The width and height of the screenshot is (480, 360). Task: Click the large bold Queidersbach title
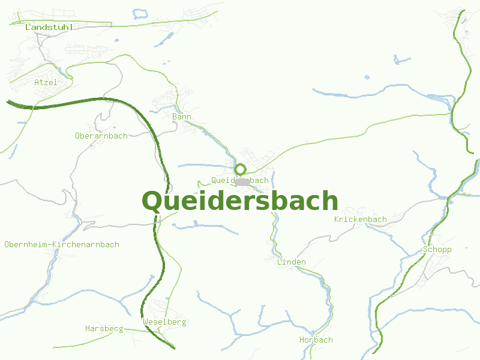click(x=240, y=202)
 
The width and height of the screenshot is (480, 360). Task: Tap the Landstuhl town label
click(x=49, y=27)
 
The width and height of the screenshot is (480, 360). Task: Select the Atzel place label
click(x=46, y=82)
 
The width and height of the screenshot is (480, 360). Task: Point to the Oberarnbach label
click(x=101, y=136)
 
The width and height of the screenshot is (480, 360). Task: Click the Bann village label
click(x=181, y=116)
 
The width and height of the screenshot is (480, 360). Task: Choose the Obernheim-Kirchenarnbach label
click(x=62, y=244)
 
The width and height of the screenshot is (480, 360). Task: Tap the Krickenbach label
click(x=361, y=219)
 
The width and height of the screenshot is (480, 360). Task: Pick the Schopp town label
click(x=437, y=249)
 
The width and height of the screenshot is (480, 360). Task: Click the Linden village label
click(x=292, y=262)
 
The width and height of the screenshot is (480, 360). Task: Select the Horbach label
click(x=316, y=340)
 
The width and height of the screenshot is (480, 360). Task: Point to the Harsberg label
click(x=104, y=328)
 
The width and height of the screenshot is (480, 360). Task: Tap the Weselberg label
click(x=165, y=322)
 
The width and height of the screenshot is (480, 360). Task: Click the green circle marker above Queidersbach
click(x=241, y=169)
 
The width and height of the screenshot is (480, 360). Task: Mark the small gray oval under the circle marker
click(x=242, y=181)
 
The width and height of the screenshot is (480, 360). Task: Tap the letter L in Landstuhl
click(x=28, y=27)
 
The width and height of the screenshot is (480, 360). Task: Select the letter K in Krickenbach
click(x=337, y=219)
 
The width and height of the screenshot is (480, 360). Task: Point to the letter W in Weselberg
click(x=146, y=322)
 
